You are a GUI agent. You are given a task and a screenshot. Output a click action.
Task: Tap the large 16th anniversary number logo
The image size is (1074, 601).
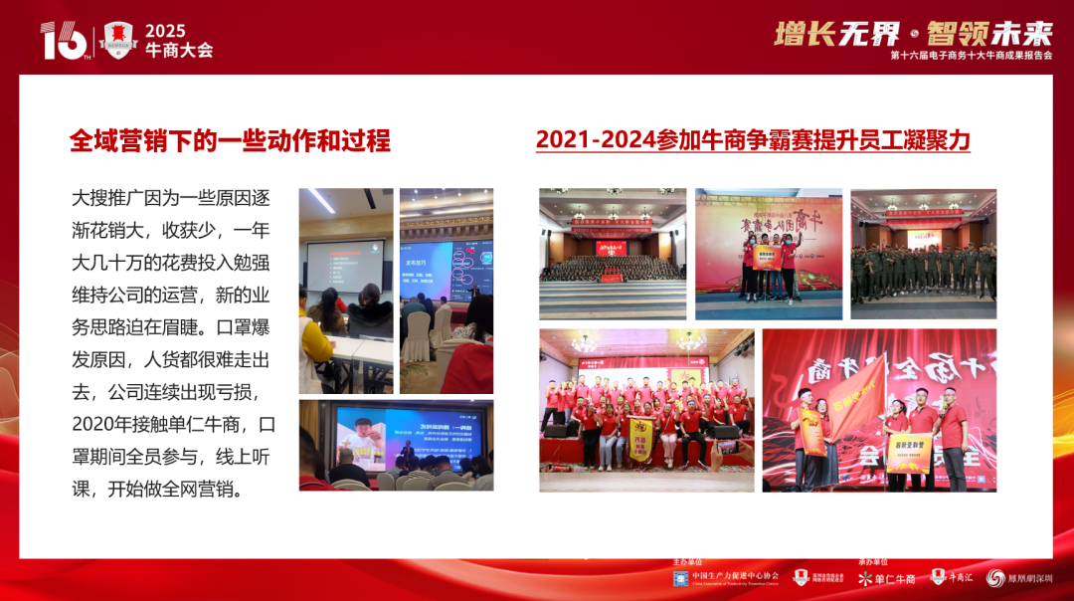point(64,41)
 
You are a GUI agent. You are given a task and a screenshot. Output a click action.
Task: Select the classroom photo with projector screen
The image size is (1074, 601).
point(347,291)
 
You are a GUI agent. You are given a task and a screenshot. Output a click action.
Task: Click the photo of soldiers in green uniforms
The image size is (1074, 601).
point(923,254)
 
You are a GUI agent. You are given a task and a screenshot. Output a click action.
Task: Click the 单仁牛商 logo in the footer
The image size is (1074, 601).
point(887,578)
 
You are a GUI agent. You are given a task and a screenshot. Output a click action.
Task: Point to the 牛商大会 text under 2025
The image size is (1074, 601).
point(179,50)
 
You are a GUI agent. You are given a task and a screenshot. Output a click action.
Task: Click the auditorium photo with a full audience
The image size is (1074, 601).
point(613,254)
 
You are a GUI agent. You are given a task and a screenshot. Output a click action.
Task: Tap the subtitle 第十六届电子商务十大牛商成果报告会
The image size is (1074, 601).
point(972,57)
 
